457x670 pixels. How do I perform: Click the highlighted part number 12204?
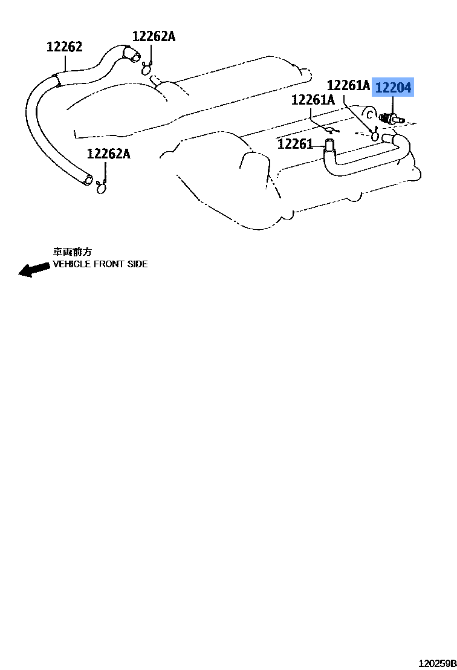click(x=393, y=88)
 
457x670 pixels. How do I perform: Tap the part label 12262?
click(x=65, y=47)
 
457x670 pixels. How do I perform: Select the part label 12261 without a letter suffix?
click(x=295, y=144)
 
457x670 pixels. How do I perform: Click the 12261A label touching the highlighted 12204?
click(x=348, y=85)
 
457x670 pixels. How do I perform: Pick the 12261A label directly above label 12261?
click(x=313, y=100)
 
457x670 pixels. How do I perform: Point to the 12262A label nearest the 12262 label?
click(x=154, y=36)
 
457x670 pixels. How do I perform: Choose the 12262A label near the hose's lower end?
click(x=108, y=154)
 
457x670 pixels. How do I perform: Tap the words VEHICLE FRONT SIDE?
click(x=100, y=264)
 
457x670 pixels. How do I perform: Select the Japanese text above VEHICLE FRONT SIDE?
click(x=72, y=252)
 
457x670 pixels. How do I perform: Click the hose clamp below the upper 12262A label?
click(x=147, y=69)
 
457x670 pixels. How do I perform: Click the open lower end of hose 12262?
click(x=89, y=180)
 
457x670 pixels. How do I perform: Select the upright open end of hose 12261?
click(x=329, y=145)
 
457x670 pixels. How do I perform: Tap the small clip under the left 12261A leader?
click(x=329, y=129)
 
